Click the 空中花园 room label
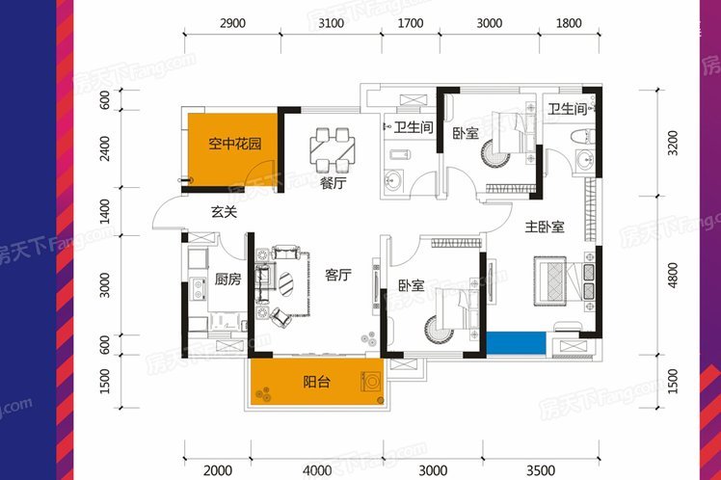(x=235, y=144)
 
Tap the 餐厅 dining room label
(x=334, y=183)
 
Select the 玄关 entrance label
(x=224, y=212)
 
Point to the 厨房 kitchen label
(x=227, y=279)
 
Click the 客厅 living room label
(x=338, y=275)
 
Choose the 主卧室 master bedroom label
(x=545, y=227)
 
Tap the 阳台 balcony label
(x=316, y=382)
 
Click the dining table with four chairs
(x=333, y=149)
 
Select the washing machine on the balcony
(x=370, y=381)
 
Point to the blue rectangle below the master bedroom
(x=516, y=343)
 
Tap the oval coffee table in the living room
(x=286, y=283)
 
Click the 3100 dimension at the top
(x=331, y=23)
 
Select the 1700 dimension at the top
(x=411, y=23)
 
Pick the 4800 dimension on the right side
(x=673, y=276)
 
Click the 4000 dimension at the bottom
(x=317, y=470)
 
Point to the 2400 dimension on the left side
(x=105, y=148)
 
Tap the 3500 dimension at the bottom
(x=541, y=470)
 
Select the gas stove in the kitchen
(x=199, y=289)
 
